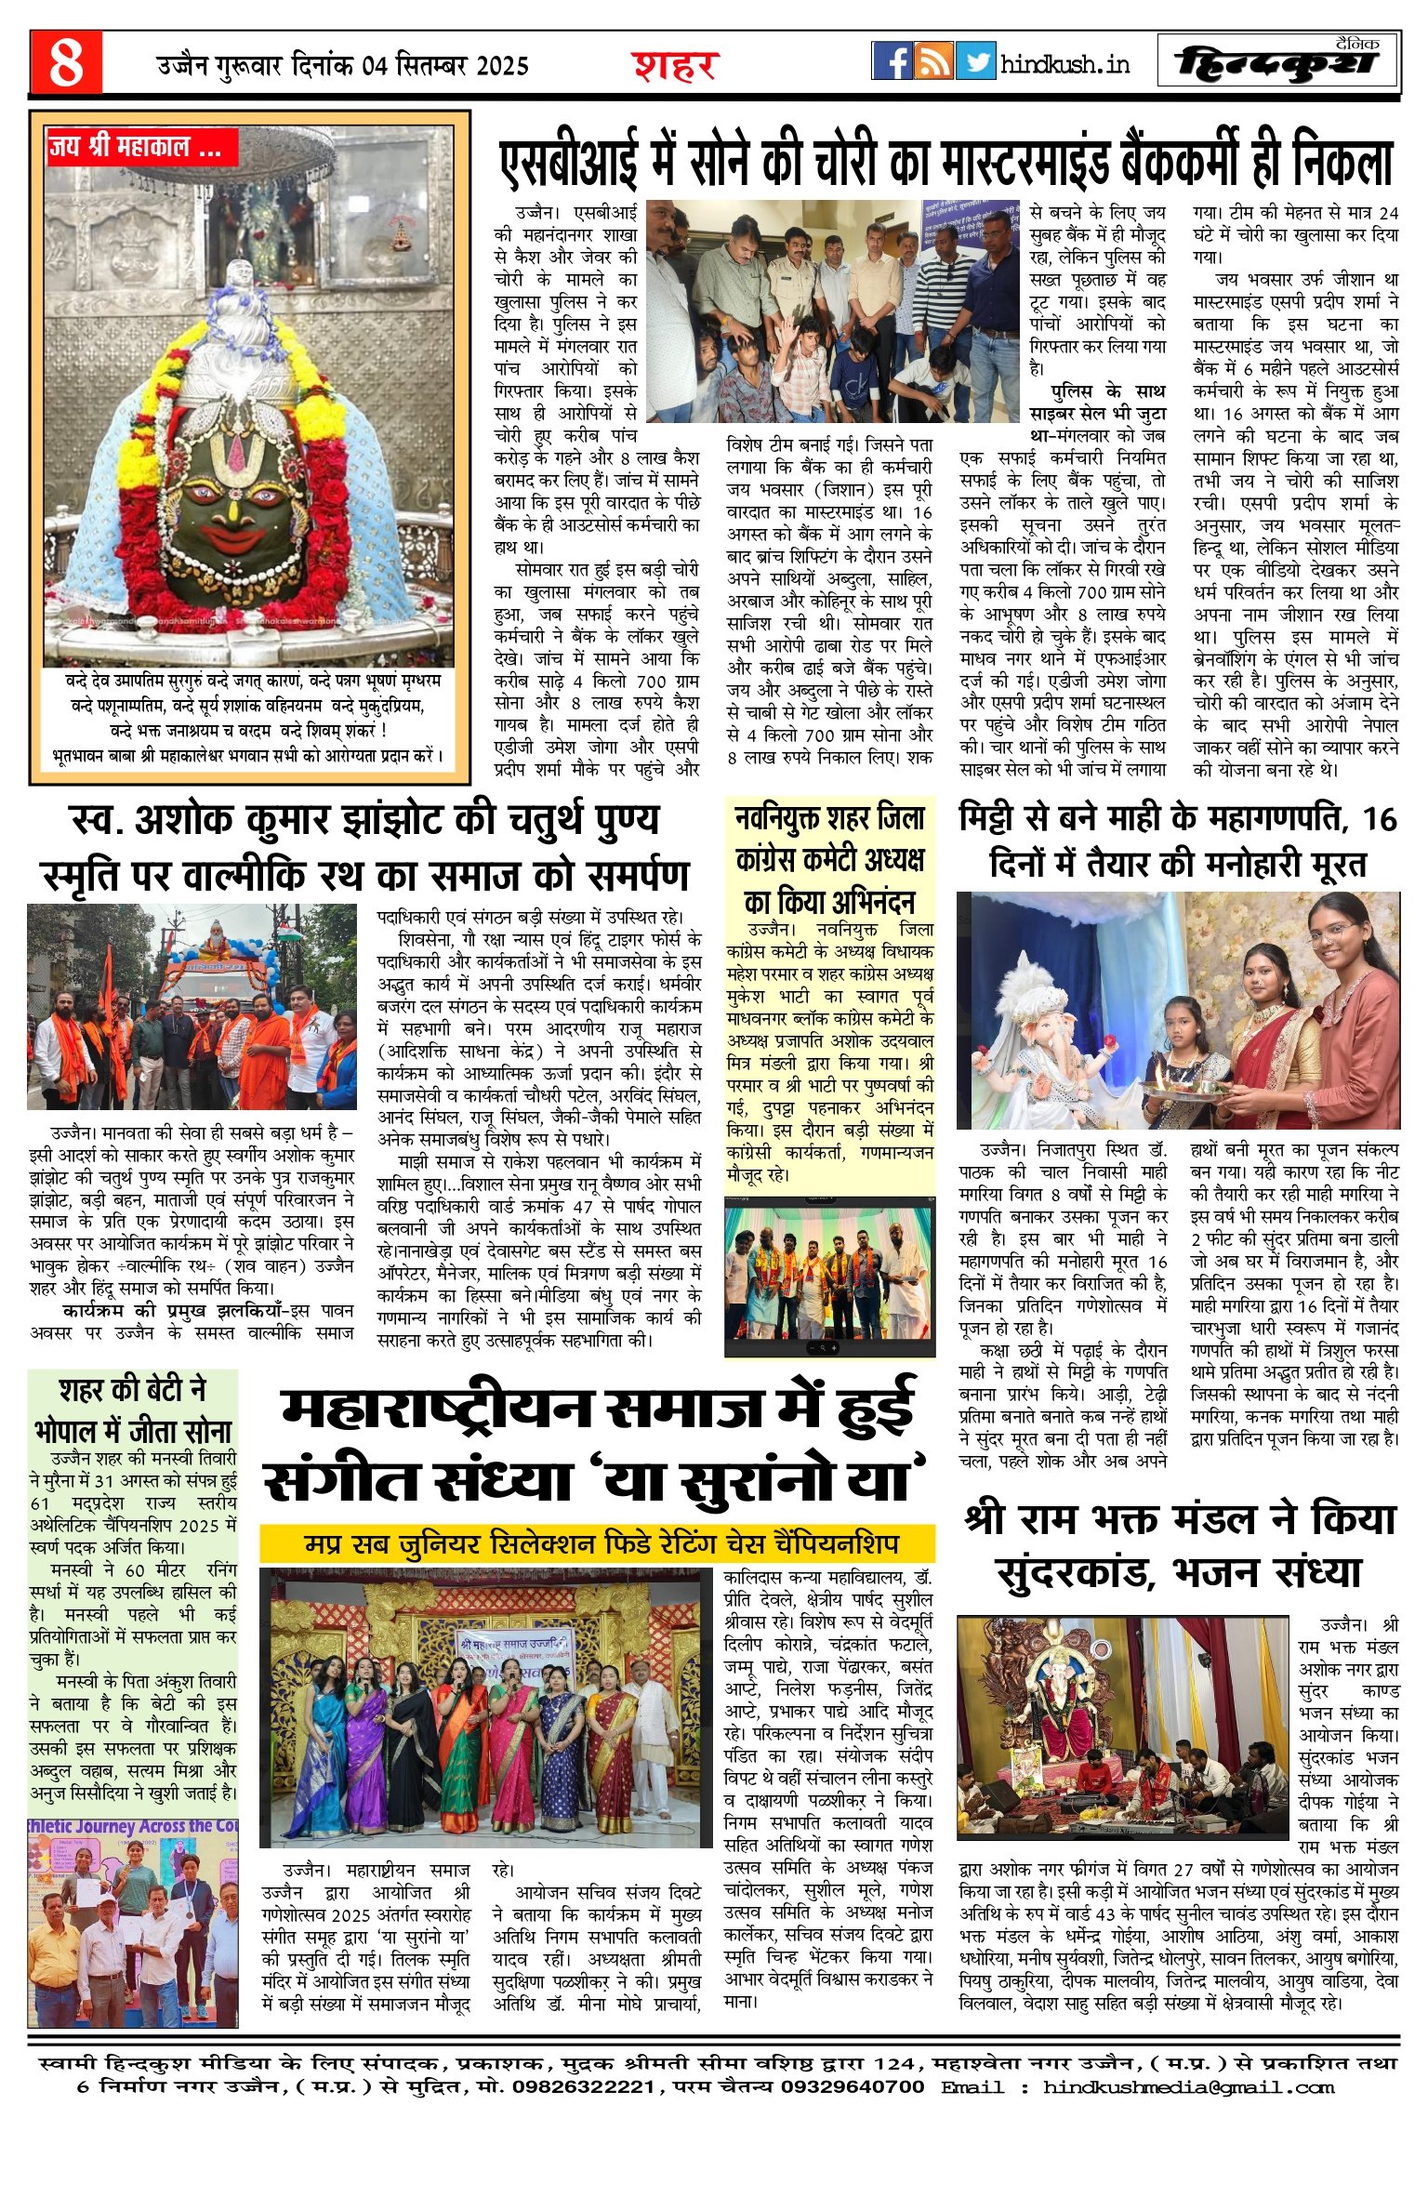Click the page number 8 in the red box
pyautogui.click(x=66, y=63)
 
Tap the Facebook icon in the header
pyautogui.click(x=892, y=61)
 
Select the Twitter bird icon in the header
pyautogui.click(x=975, y=61)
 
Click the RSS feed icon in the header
pyautogui.click(x=933, y=61)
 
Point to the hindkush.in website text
pyautogui.click(x=1065, y=64)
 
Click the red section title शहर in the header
pyautogui.click(x=675, y=66)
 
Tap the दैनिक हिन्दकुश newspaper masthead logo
pyautogui.click(x=1278, y=62)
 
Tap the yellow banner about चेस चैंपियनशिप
pyautogui.click(x=598, y=1544)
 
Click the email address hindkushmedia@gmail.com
pyautogui.click(x=1188, y=2087)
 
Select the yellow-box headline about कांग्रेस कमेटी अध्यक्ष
pyautogui.click(x=829, y=860)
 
